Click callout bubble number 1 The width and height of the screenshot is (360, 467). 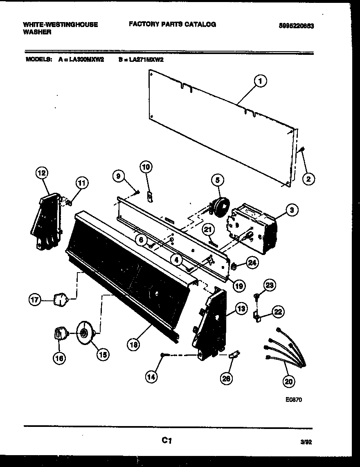(259, 81)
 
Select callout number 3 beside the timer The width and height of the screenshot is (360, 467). (291, 210)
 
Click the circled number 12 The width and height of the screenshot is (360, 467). (42, 173)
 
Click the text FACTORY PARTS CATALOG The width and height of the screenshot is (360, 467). (172, 25)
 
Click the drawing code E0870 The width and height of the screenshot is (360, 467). (293, 400)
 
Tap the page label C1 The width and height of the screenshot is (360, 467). (166, 440)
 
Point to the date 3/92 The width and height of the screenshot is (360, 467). (306, 442)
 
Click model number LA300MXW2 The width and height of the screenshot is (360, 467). (86, 59)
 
